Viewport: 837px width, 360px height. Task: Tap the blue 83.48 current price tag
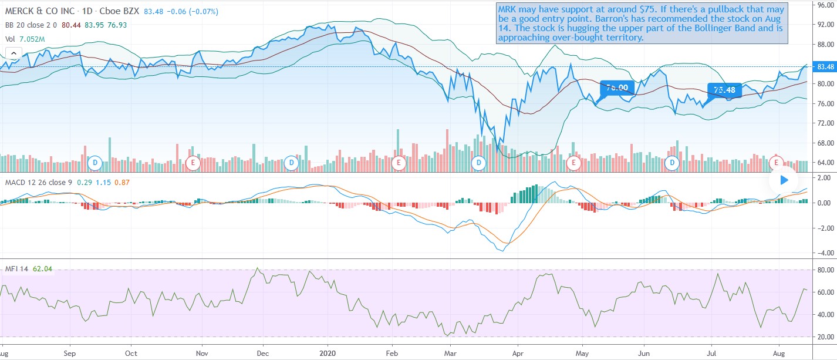825,66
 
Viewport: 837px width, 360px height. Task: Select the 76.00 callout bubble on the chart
617,88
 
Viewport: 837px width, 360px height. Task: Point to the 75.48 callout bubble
725,90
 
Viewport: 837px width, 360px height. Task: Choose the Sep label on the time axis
70,354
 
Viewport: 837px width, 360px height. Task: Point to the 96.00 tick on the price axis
825,5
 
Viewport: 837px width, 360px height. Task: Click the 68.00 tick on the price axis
825,143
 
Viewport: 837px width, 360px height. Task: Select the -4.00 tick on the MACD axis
825,253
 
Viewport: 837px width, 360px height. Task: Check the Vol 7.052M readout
25,39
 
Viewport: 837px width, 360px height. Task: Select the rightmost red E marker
777,162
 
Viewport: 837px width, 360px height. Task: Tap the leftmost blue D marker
96,162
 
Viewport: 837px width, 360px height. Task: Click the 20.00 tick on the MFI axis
825,337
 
